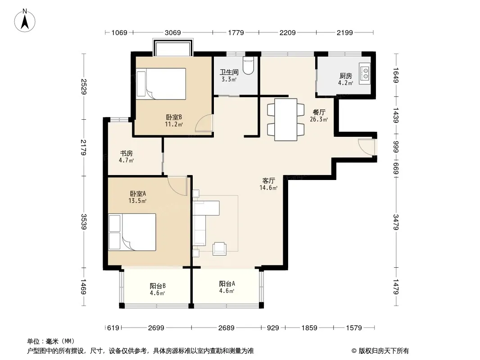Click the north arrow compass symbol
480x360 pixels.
(25, 20)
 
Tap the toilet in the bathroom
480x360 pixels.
(248, 65)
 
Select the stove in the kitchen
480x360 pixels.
(365, 74)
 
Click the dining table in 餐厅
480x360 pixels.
(285, 120)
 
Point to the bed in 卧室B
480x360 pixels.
(161, 84)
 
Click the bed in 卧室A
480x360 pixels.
(132, 232)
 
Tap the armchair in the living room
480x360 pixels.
(219, 248)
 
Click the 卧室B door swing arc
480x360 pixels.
(203, 123)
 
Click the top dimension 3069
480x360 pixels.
(172, 32)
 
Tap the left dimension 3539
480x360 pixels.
(84, 222)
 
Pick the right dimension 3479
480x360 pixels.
(396, 222)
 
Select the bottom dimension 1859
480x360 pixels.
(309, 328)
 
